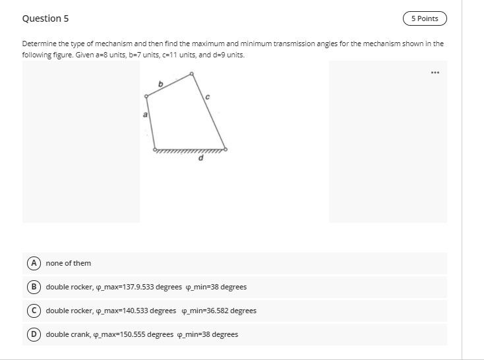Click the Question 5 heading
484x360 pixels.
(45, 18)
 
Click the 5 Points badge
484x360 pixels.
(424, 18)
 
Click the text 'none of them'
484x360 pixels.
(69, 263)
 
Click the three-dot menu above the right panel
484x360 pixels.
(435, 72)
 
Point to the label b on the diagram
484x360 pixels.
(160, 83)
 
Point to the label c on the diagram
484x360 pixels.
(207, 97)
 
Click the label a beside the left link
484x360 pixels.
(145, 115)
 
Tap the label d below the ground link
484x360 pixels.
(201, 158)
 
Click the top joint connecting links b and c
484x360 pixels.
(192, 73)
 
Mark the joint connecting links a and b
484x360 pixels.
(146, 96)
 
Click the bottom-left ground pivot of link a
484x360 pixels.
(155, 150)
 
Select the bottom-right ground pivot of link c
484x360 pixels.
(226, 150)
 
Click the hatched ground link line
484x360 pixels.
(190, 151)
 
